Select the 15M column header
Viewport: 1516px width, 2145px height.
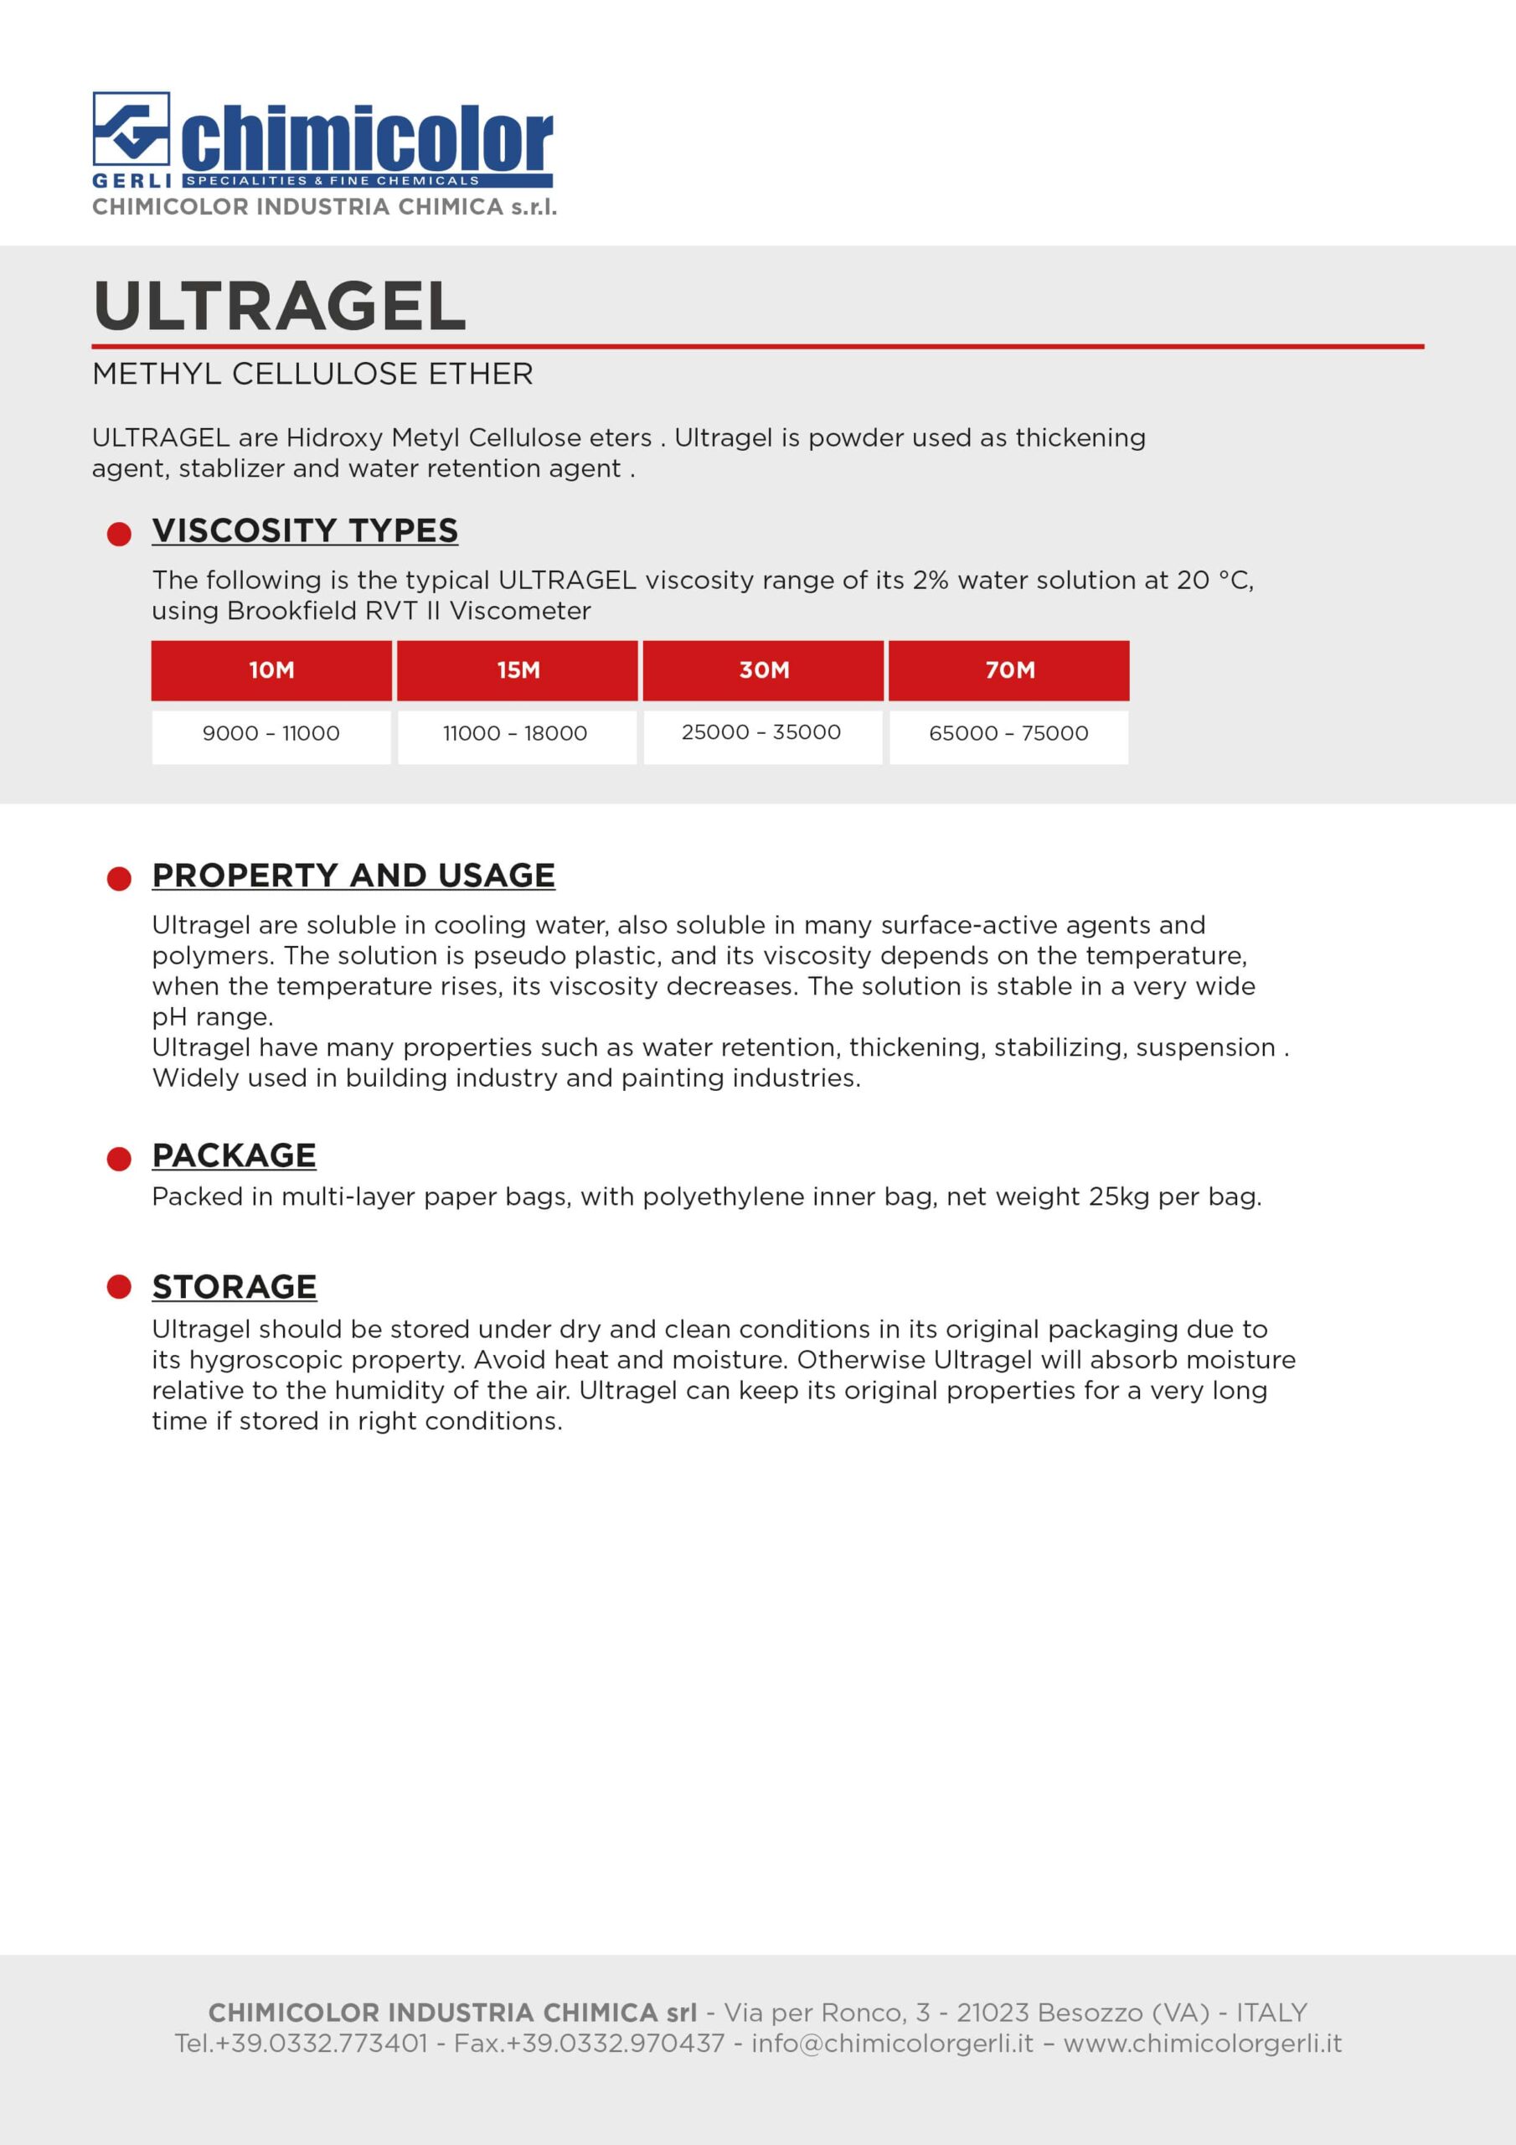coord(518,669)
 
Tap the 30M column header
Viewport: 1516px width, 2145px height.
coord(763,669)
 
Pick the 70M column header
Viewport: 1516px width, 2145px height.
coord(1008,669)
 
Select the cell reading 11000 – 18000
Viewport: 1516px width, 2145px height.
coord(516,734)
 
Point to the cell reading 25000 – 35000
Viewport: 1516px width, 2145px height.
coord(761,733)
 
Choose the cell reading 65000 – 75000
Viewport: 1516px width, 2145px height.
coord(1008,734)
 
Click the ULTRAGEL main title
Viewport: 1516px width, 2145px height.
coord(279,307)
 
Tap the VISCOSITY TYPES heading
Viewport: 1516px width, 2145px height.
coord(306,530)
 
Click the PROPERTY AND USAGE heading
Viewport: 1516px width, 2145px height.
coord(354,876)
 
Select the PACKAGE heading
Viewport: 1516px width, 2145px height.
coord(235,1155)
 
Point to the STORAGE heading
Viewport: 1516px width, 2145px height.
coord(235,1287)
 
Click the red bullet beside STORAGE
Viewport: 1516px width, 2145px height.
coord(120,1287)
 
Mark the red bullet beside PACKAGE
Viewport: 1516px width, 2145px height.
coord(120,1160)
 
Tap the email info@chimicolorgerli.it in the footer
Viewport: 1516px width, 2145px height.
coord(892,2043)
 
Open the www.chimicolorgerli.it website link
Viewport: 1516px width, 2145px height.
coord(1202,2043)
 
